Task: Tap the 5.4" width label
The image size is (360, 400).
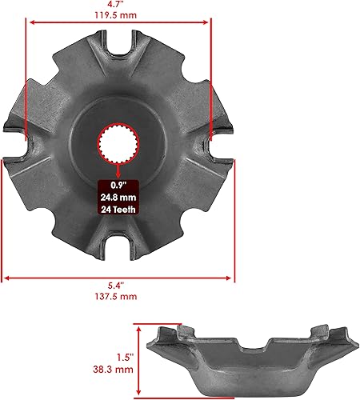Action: [119, 286]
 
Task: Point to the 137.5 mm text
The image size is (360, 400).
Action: [119, 296]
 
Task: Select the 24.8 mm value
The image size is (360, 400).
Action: [118, 196]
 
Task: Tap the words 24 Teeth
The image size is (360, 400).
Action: [118, 210]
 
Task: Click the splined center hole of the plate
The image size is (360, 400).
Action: [118, 144]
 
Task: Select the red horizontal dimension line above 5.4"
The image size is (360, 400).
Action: [119, 278]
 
